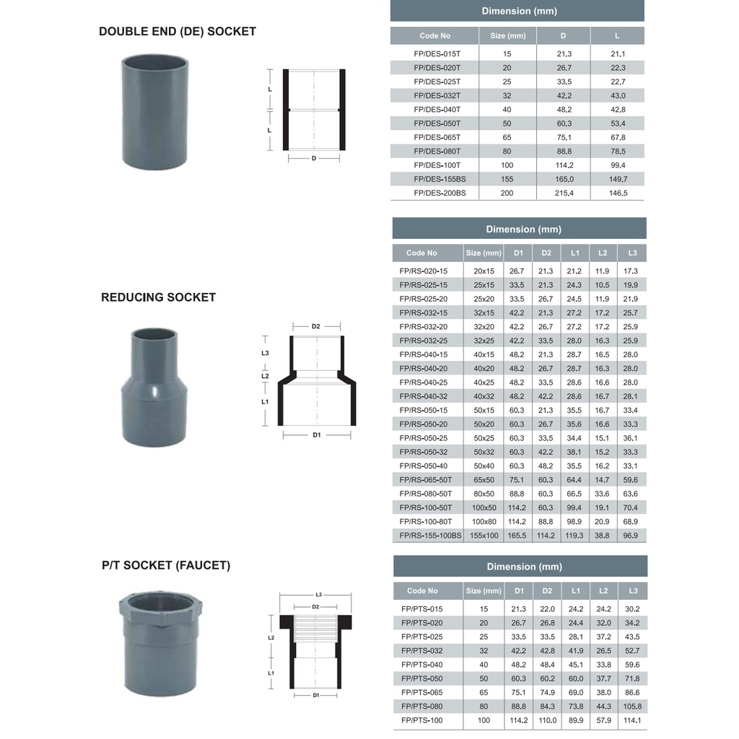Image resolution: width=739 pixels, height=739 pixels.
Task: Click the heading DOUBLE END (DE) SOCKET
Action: coord(177,32)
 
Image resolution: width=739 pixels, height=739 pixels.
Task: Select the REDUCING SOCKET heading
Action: coord(158,297)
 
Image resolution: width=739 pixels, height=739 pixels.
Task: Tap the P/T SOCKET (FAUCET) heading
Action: coord(166,566)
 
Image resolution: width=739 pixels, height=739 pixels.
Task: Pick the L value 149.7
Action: coord(618,179)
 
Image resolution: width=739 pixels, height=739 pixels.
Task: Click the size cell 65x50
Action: coord(484,480)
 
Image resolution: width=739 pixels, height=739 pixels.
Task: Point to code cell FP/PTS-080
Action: coord(422,707)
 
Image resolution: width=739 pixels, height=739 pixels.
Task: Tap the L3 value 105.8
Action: coord(631,707)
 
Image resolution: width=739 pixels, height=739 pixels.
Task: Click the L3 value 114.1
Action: coord(631,720)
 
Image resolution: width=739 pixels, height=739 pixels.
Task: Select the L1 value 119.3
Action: coord(574,535)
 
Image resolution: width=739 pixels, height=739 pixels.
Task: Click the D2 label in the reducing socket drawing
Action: coord(315,326)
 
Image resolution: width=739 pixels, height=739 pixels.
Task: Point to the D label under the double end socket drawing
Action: coord(314,158)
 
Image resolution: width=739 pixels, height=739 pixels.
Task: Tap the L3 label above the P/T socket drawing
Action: coord(318,595)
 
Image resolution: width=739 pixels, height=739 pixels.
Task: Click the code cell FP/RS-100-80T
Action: coord(426,522)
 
